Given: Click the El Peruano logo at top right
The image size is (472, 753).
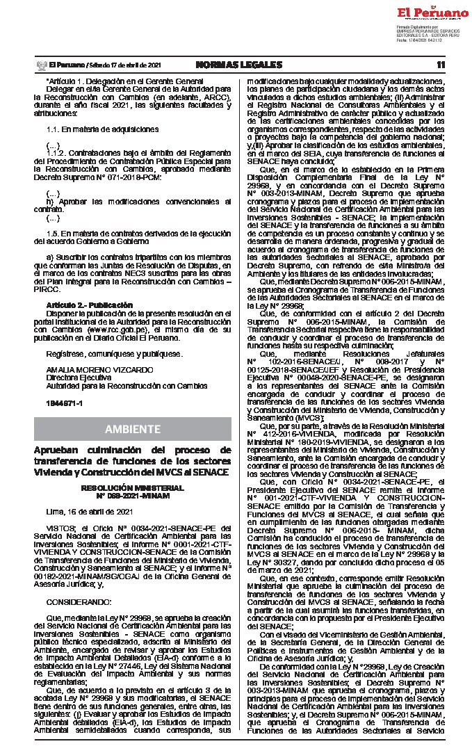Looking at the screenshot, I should [x=432, y=13].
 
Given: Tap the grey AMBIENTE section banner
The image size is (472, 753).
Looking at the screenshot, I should [x=132, y=428].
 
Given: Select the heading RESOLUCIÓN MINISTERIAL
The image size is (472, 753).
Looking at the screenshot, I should [x=132, y=488].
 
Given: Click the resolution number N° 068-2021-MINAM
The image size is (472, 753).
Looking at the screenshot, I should [x=132, y=495].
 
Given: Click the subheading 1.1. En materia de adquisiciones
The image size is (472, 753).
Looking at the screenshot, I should [x=102, y=129].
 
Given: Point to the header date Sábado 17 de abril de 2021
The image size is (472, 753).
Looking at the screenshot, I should [x=125, y=65].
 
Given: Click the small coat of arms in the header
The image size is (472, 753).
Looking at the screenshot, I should [x=40, y=65].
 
